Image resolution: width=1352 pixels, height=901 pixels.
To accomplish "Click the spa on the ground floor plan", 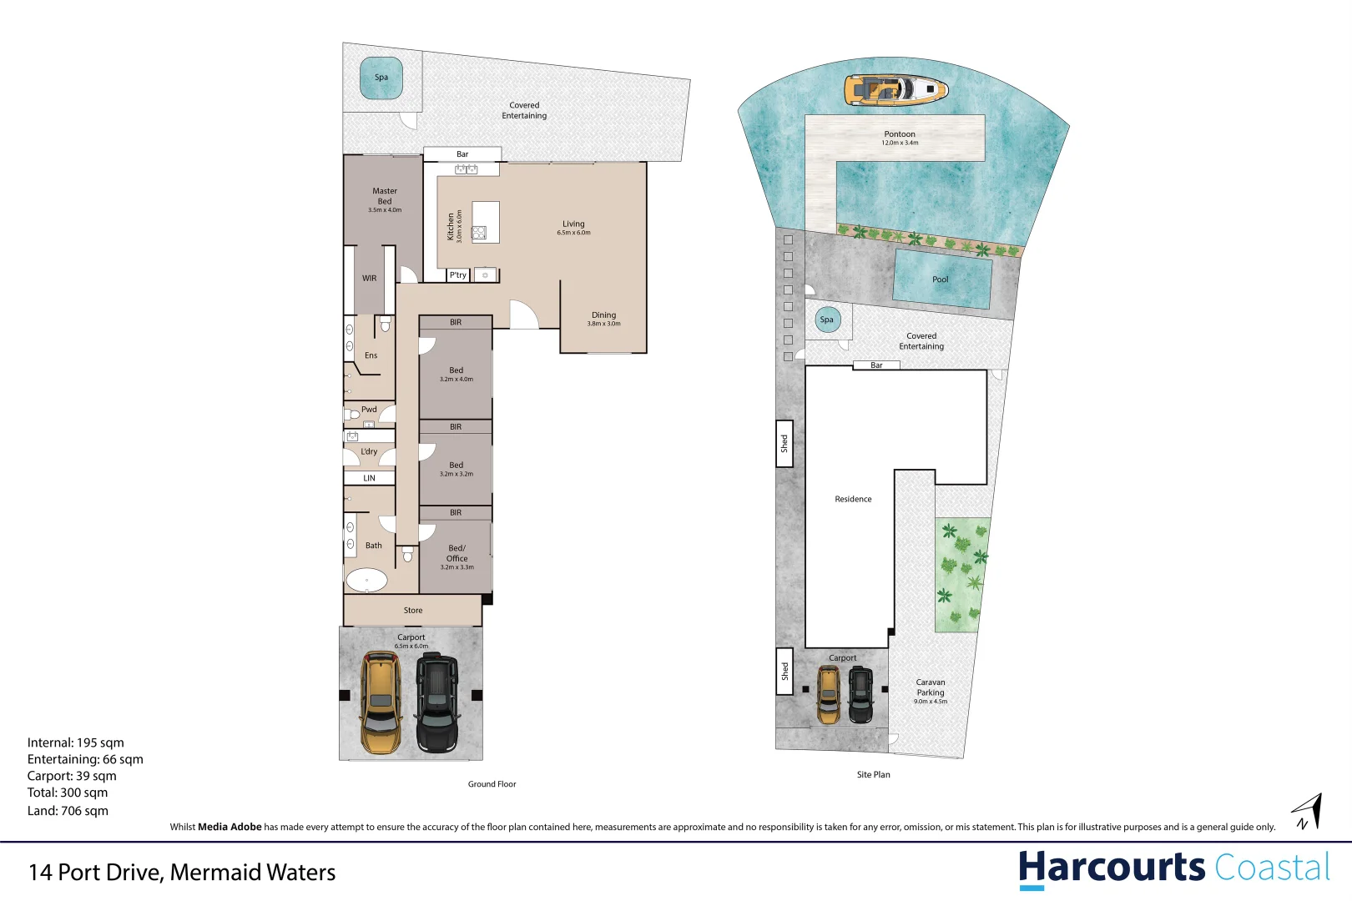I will pyautogui.click(x=381, y=78).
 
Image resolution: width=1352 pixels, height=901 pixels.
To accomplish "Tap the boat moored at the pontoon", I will pyautogui.click(x=895, y=89).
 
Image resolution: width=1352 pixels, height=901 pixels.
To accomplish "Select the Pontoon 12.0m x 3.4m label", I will pyautogui.click(x=900, y=138).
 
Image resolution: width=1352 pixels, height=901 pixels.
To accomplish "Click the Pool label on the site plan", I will pyautogui.click(x=941, y=279).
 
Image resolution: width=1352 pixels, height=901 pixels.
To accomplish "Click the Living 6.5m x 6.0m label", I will pyautogui.click(x=573, y=228).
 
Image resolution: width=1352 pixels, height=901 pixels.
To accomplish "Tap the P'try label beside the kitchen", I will pyautogui.click(x=458, y=274).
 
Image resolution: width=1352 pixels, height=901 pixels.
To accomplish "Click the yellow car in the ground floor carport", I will pyautogui.click(x=381, y=703).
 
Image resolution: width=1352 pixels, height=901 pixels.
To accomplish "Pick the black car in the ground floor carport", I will pyautogui.click(x=437, y=702).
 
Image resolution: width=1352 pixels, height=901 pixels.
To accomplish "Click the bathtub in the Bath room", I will pyautogui.click(x=366, y=580).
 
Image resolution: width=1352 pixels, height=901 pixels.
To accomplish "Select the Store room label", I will pyautogui.click(x=413, y=611).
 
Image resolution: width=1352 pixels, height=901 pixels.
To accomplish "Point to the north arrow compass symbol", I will pyautogui.click(x=1308, y=812).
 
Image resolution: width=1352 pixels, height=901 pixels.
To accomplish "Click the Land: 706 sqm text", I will pyautogui.click(x=68, y=811).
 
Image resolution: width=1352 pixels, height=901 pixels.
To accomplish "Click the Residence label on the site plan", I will pyautogui.click(x=853, y=499).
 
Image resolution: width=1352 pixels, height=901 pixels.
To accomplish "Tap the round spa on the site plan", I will pyautogui.click(x=827, y=320).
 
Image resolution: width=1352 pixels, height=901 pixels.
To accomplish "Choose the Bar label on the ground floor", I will pyautogui.click(x=462, y=154).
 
